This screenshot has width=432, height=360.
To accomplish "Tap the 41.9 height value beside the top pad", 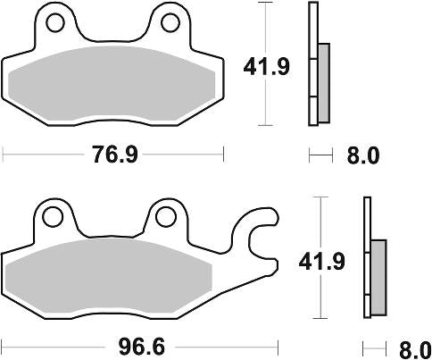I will pyautogui.click(x=265, y=65).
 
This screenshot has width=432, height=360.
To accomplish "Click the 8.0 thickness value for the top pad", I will pyautogui.click(x=361, y=155).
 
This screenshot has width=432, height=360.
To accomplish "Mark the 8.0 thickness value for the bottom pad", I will pyautogui.click(x=412, y=347).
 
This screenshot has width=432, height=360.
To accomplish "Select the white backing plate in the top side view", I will pyautogui.click(x=313, y=63).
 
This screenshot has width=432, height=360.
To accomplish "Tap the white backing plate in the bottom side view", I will pyautogui.click(x=367, y=259).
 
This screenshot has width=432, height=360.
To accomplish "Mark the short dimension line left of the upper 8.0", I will pyautogui.click(x=320, y=155).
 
